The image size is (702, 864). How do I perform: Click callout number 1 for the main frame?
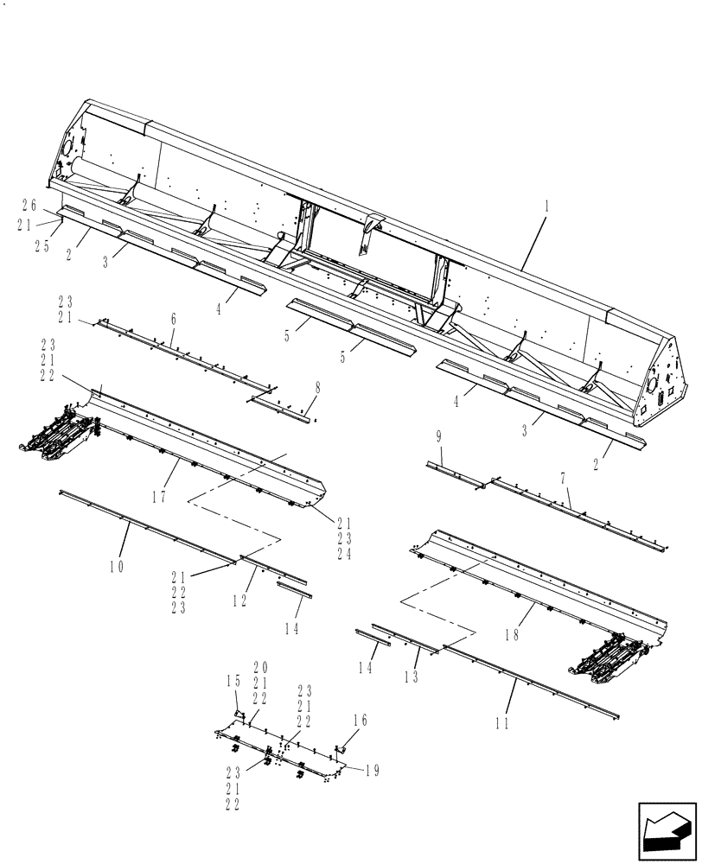tap(546, 209)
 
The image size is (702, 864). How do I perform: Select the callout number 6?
tap(173, 319)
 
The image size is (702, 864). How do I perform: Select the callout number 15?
tap(233, 682)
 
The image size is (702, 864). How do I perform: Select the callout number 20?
tap(258, 667)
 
